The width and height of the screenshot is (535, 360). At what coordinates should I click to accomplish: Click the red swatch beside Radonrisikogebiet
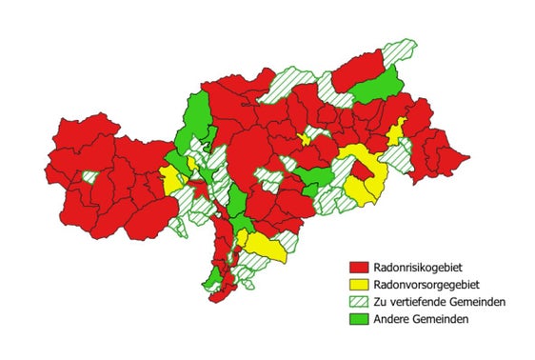click(x=359, y=269)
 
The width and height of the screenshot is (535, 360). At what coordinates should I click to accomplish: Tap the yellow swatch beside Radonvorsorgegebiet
click(x=359, y=285)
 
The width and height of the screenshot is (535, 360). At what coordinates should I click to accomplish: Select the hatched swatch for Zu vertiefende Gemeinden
click(x=359, y=302)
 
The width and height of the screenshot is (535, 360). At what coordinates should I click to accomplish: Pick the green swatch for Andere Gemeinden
click(x=359, y=319)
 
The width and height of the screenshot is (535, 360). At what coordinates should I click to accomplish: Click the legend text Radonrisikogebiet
click(x=420, y=269)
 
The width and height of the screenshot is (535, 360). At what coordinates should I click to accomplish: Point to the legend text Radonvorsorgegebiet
click(x=426, y=285)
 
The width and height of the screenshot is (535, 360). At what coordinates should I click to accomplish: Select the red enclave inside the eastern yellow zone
click(x=363, y=170)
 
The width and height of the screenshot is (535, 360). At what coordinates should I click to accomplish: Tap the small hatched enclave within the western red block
click(x=90, y=176)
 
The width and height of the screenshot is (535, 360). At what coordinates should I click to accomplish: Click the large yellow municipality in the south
click(x=266, y=247)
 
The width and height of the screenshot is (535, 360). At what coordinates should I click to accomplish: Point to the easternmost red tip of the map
click(x=466, y=156)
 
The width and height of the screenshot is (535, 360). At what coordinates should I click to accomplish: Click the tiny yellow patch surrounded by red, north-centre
click(x=305, y=139)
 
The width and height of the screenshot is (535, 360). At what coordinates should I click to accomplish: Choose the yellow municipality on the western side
click(x=172, y=180)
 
